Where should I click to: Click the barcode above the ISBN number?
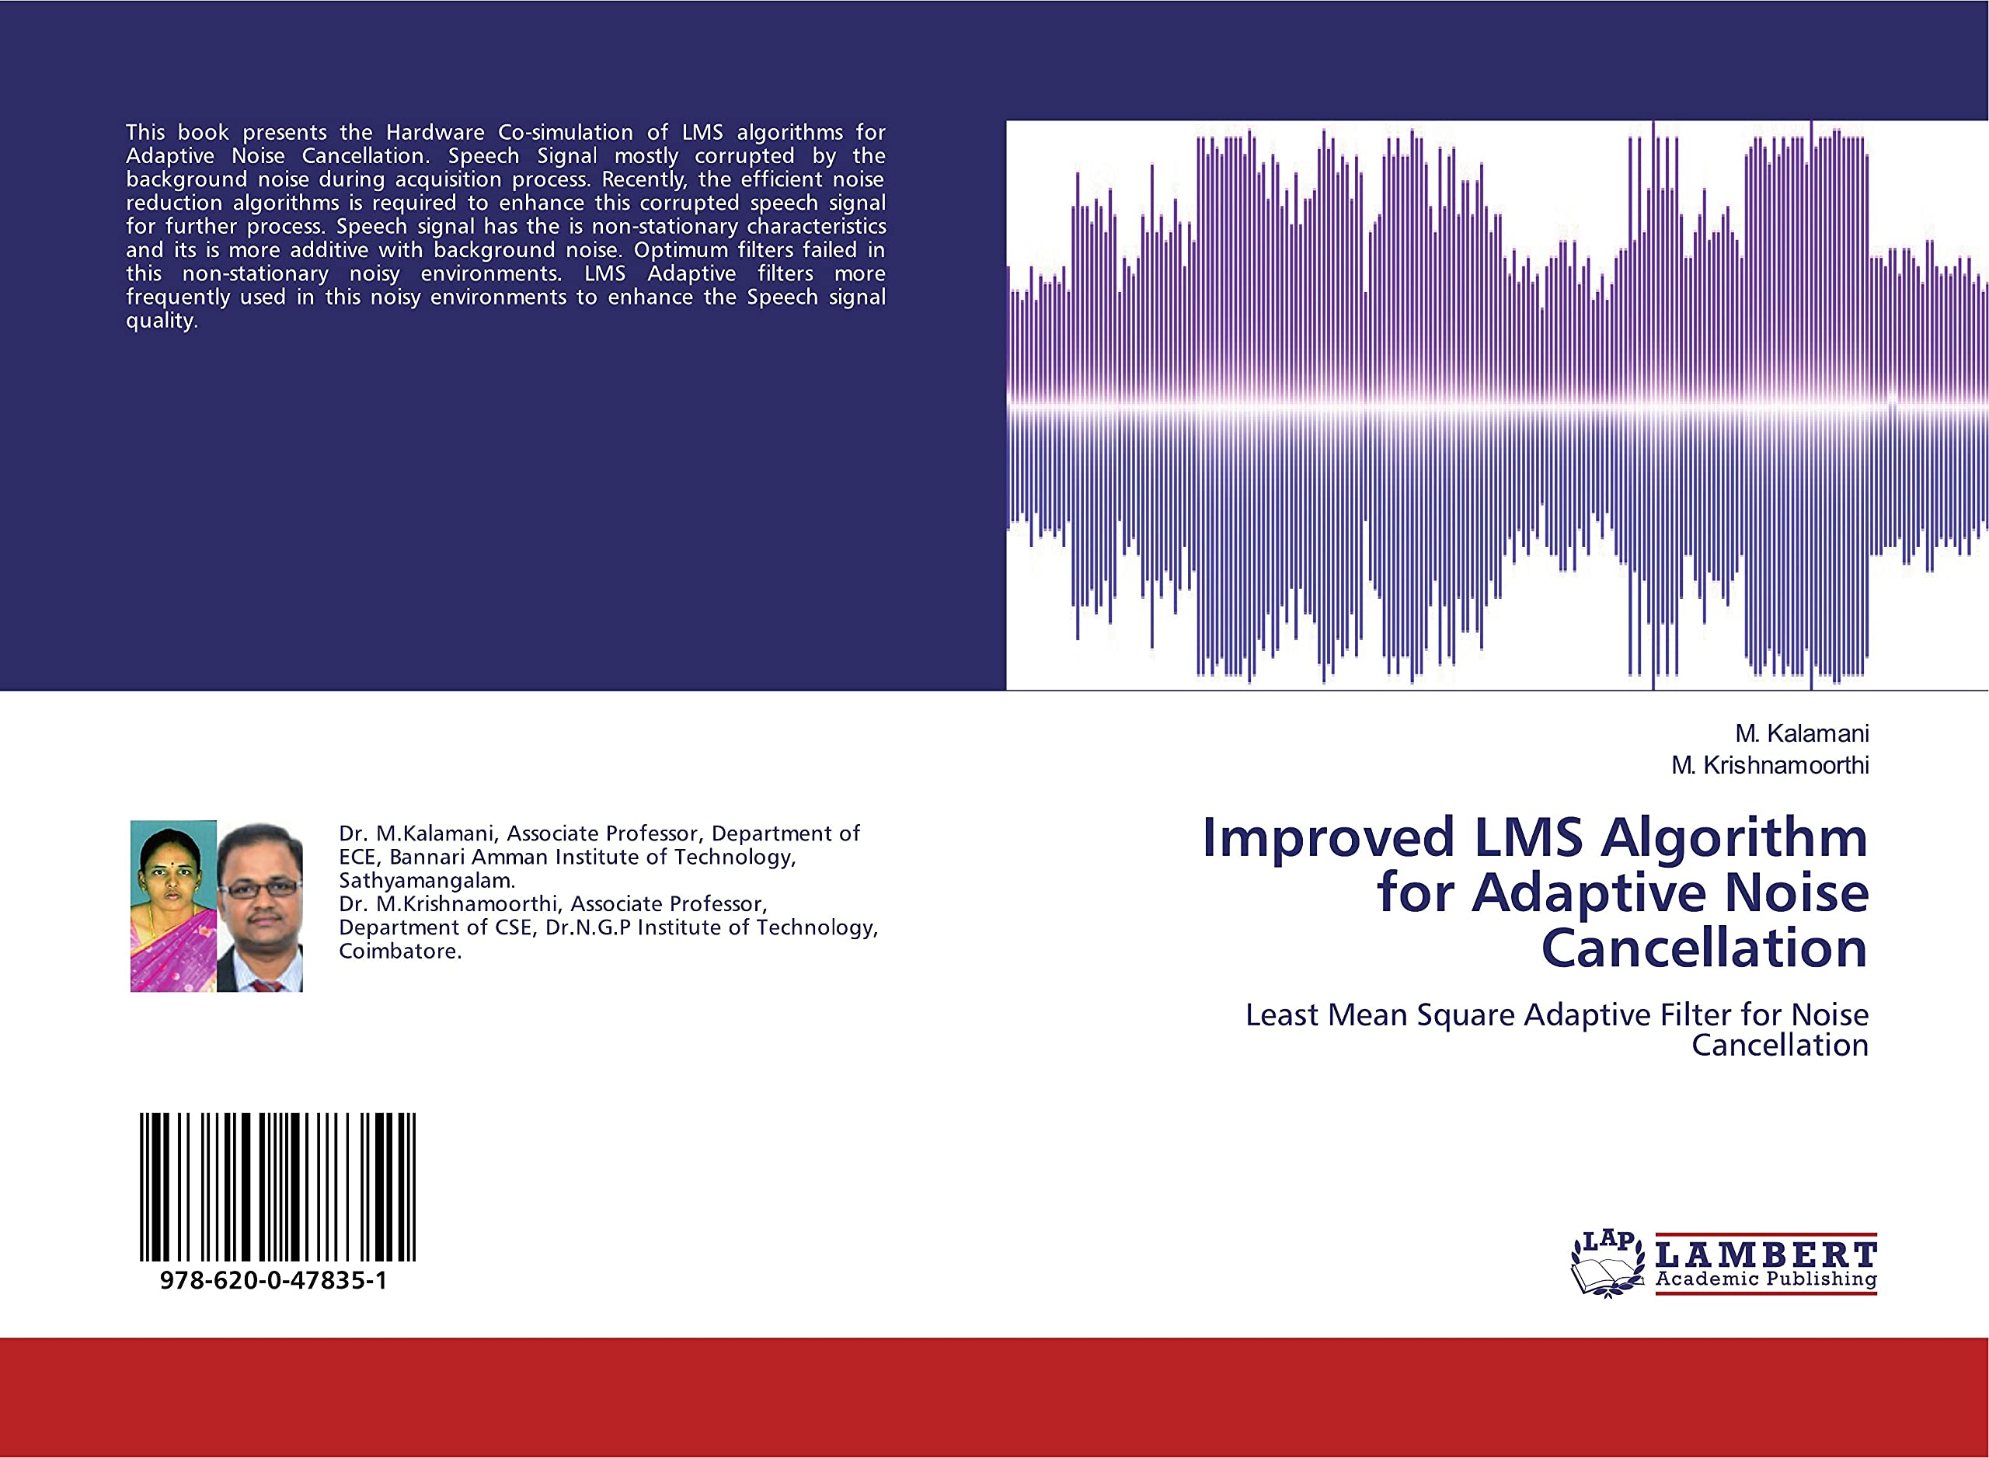[x=277, y=1186]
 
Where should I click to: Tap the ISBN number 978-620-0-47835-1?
[x=273, y=1281]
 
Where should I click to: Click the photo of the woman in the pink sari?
[x=173, y=906]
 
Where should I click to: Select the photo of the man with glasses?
[x=260, y=906]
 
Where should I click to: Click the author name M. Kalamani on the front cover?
[x=1801, y=733]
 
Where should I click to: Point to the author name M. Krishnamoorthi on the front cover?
[x=1769, y=765]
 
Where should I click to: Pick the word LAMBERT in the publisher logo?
[x=1766, y=1254]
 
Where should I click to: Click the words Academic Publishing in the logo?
[x=1766, y=1279]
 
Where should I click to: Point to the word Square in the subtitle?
[x=1466, y=1016]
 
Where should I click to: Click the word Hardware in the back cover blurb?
[x=435, y=132]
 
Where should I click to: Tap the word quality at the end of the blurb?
[x=160, y=320]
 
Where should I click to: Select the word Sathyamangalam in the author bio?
[x=427, y=880]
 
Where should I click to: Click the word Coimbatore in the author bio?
[x=400, y=951]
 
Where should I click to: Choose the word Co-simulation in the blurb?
[x=565, y=132]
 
